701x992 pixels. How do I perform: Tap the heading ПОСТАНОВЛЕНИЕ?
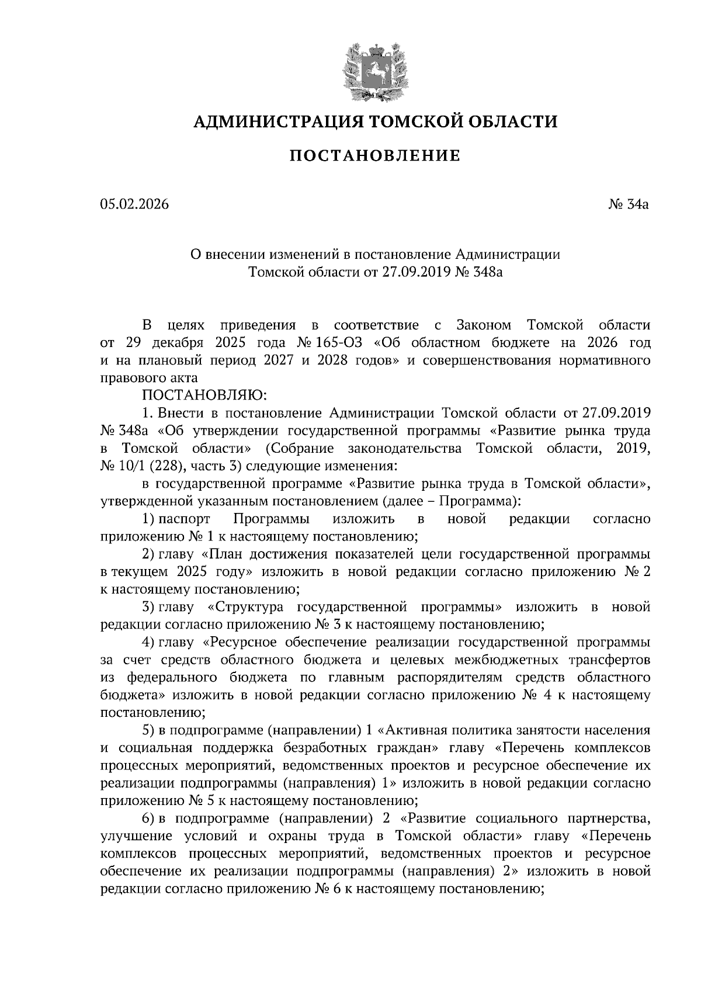tap(375, 155)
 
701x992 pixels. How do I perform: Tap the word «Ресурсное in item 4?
tap(239, 643)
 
